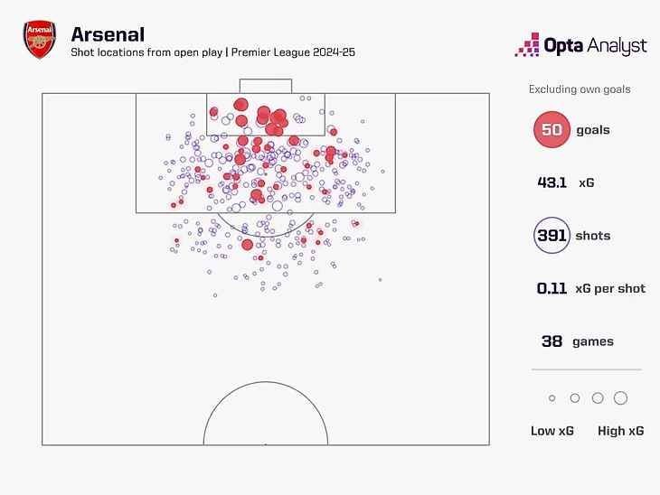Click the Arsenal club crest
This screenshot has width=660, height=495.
pyautogui.click(x=40, y=42)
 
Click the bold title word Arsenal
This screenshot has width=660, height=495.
pyautogui.click(x=108, y=34)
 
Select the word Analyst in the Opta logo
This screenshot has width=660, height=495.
pyautogui.click(x=616, y=45)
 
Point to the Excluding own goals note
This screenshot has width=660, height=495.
pyautogui.click(x=580, y=89)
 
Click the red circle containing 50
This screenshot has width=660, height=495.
pyautogui.click(x=552, y=130)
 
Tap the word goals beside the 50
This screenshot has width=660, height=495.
pyautogui.click(x=593, y=130)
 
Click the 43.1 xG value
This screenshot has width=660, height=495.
pyautogui.click(x=552, y=182)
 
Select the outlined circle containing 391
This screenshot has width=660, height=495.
pyautogui.click(x=552, y=236)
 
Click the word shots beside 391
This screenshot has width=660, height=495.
pyautogui.click(x=593, y=236)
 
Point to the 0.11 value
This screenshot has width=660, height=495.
pyautogui.click(x=552, y=289)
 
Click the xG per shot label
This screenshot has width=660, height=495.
pyautogui.click(x=610, y=289)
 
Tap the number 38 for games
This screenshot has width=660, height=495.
pyautogui.click(x=552, y=341)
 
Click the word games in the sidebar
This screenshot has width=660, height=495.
pyautogui.click(x=593, y=341)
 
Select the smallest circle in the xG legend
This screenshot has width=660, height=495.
pyautogui.click(x=552, y=398)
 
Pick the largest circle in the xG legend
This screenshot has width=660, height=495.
pyautogui.click(x=620, y=398)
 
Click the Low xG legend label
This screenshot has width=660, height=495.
pyautogui.click(x=552, y=431)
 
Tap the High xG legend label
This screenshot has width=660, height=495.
pyautogui.click(x=620, y=431)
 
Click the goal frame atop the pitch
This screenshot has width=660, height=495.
pyautogui.click(x=266, y=86)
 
